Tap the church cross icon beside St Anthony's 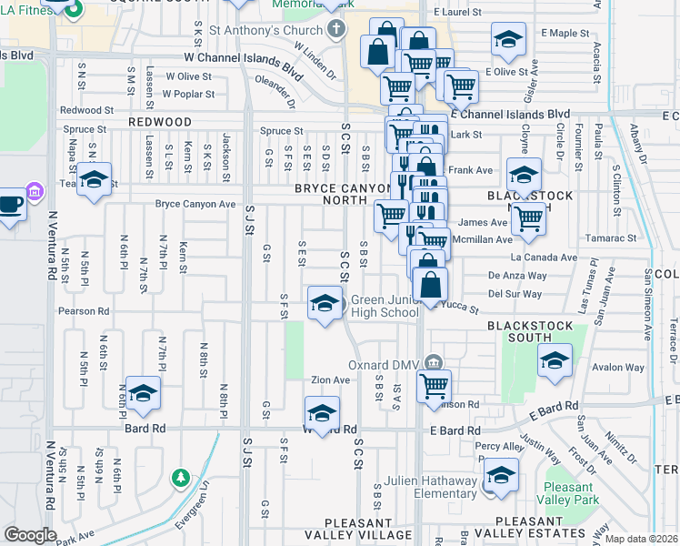tap(336, 29)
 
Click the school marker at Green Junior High tap(325, 304)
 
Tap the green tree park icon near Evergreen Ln tap(181, 477)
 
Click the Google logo tap(30, 534)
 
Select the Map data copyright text tap(642, 539)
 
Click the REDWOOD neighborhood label tap(159, 121)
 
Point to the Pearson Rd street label tap(83, 310)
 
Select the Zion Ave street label tap(330, 379)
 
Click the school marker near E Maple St tap(508, 40)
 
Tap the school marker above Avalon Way tap(555, 361)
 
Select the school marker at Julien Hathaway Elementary tap(501, 476)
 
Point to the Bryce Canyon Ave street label tap(195, 204)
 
